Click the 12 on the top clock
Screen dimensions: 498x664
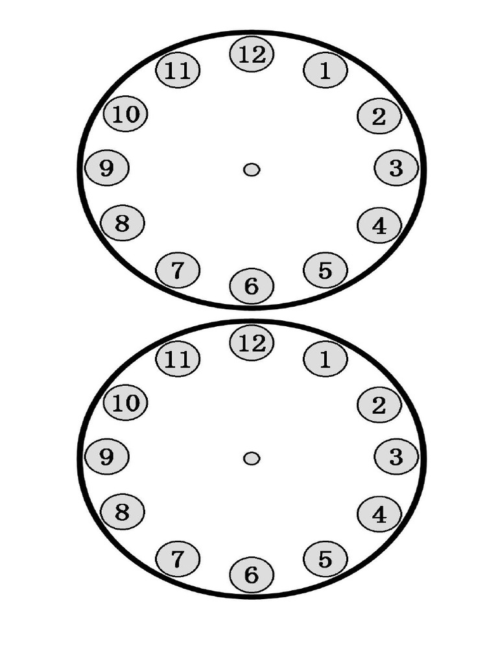pos(252,54)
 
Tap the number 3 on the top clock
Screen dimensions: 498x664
pos(396,168)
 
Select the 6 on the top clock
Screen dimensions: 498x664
pos(252,285)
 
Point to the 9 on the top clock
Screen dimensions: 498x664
pos(107,168)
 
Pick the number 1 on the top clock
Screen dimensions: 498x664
pos(325,71)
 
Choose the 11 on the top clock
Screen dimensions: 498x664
pos(178,71)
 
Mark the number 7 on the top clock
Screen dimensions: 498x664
pos(178,269)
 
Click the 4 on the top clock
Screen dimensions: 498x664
pos(379,226)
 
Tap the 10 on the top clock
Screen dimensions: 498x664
pos(126,115)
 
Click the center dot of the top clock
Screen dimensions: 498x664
pos(252,169)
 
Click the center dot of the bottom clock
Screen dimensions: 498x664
pos(252,458)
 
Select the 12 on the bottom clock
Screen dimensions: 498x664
pos(252,343)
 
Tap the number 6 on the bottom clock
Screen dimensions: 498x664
pos(252,575)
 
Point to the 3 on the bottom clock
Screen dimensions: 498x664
pos(396,457)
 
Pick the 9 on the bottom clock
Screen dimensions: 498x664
pos(107,457)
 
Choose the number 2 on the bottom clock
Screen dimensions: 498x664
pos(379,405)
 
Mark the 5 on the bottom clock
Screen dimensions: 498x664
pos(325,558)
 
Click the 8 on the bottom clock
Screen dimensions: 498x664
pos(123,512)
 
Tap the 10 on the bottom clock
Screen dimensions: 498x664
pos(126,403)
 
